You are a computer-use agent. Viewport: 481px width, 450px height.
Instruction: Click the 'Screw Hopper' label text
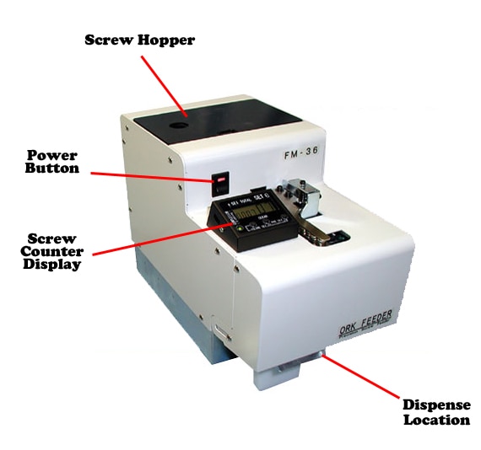[140, 40]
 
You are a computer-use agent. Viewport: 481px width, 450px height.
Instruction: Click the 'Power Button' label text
[52, 162]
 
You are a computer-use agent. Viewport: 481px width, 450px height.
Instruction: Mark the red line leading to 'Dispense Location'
[363, 374]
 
